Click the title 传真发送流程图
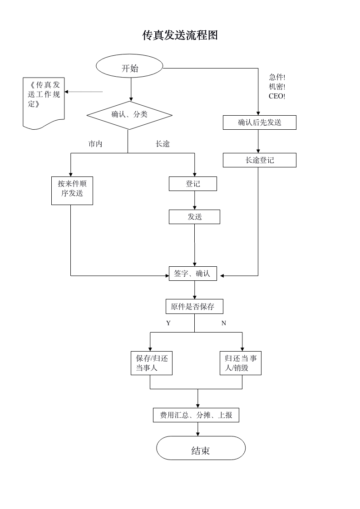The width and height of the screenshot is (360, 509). (x=180, y=35)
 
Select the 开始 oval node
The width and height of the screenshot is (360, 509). (x=130, y=69)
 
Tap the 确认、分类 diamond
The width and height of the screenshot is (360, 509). (x=129, y=115)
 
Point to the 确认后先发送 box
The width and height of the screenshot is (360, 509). (x=259, y=122)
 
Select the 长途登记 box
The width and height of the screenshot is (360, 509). (x=259, y=160)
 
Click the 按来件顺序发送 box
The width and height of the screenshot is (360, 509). (x=72, y=191)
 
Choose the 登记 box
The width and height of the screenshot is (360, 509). (x=193, y=184)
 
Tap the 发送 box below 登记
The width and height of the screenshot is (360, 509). (x=194, y=217)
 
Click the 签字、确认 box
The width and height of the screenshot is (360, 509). (x=192, y=274)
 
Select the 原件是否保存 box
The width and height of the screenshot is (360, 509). (x=194, y=307)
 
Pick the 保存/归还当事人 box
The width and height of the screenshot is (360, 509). (x=152, y=363)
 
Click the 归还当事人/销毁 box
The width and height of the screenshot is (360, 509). (x=241, y=363)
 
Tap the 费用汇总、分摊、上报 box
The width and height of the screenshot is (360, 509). (x=196, y=415)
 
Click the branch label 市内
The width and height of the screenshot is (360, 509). (x=95, y=144)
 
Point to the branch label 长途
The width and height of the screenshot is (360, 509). (x=163, y=144)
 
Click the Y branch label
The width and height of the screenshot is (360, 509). (x=168, y=323)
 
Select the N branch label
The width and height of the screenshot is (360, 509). (x=223, y=323)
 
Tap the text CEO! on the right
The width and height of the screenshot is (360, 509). (x=277, y=96)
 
